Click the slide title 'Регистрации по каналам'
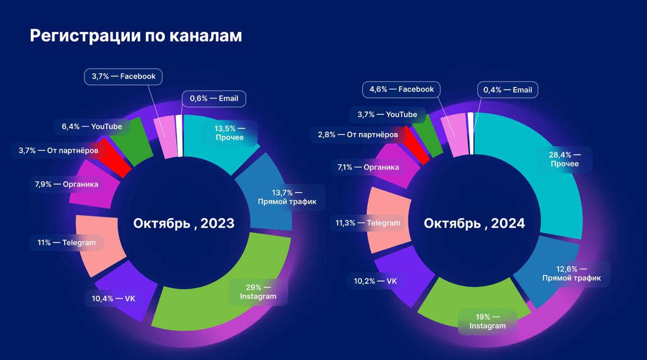tap(135, 36)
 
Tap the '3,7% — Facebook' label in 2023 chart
tap(123, 76)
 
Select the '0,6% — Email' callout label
tap(214, 99)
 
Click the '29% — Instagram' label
tap(258, 291)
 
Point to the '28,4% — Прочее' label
tap(565, 159)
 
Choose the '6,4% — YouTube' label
tap(92, 126)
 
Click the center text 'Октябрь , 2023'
tap(184, 223)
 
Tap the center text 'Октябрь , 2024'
tap(474, 223)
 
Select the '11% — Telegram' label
tap(66, 243)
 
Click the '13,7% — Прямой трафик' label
tap(287, 197)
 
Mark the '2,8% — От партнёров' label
tap(358, 135)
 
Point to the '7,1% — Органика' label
tap(367, 167)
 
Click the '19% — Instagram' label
tap(487, 322)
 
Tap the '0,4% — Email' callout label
tap(507, 90)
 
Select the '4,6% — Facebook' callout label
tap(401, 89)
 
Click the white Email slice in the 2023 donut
tap(179, 135)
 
